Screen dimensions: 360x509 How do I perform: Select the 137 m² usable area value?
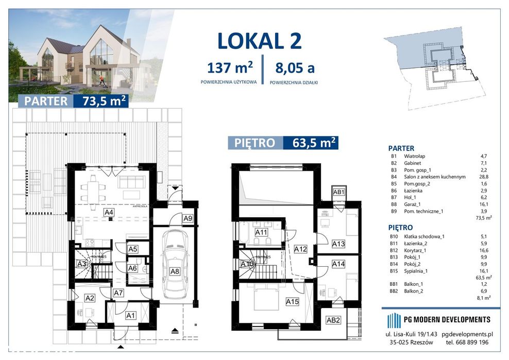pyautogui.click(x=230, y=67)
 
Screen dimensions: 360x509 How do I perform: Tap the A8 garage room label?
pyautogui.click(x=175, y=271)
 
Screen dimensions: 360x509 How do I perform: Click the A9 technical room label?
pyautogui.click(x=188, y=218)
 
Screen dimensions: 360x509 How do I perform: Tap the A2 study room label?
pyautogui.click(x=90, y=298)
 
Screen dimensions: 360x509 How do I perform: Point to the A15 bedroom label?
pyautogui.click(x=293, y=302)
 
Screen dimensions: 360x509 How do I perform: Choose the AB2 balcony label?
pyautogui.click(x=333, y=320)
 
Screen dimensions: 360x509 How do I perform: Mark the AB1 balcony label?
pyautogui.click(x=339, y=192)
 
